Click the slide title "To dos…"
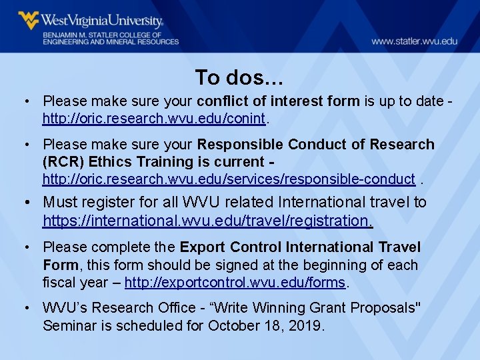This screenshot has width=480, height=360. point(239,78)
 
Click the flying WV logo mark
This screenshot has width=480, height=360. point(29,20)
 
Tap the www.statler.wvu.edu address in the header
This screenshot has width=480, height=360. point(414,41)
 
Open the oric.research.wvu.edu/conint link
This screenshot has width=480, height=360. point(154,119)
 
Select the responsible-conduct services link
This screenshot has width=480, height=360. point(229,179)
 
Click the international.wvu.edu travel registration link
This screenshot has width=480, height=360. point(207,219)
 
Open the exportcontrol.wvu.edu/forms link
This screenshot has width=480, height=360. point(235,282)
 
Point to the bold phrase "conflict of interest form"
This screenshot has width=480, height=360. point(279,101)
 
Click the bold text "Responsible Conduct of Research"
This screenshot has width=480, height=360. point(316,145)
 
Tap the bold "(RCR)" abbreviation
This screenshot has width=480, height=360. point(63,162)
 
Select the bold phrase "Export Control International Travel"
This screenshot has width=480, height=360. point(300,248)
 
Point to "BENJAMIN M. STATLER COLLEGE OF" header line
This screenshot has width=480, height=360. point(103,34)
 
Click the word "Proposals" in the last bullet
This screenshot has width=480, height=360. point(383,308)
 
